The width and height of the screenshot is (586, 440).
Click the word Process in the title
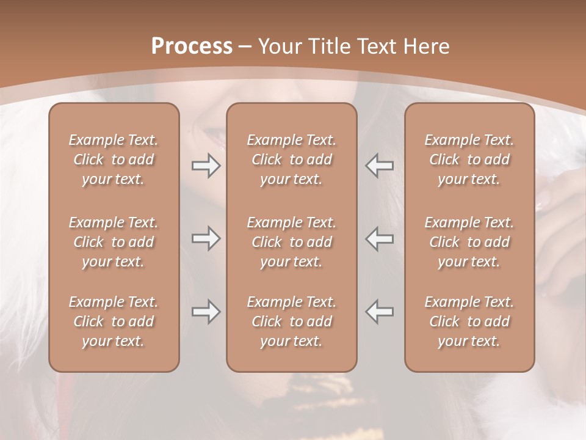(x=192, y=46)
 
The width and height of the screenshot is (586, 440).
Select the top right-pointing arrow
(x=206, y=166)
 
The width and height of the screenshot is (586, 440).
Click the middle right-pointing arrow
(x=206, y=238)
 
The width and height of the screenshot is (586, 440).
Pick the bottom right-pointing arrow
(x=206, y=312)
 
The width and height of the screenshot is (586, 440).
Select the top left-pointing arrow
(x=380, y=166)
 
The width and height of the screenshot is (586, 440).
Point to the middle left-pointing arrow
(x=380, y=238)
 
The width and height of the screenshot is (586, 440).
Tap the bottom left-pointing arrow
(x=380, y=312)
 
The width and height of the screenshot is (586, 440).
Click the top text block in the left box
(x=114, y=159)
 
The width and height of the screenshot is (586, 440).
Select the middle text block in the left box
(x=114, y=242)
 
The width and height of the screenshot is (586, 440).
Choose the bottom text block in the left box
(x=114, y=321)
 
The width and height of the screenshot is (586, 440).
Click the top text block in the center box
(x=292, y=159)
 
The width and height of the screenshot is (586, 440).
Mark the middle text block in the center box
(x=292, y=242)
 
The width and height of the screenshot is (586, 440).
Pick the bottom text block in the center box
(x=292, y=321)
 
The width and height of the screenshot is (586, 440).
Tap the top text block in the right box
(x=469, y=159)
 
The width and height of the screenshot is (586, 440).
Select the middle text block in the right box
(x=469, y=242)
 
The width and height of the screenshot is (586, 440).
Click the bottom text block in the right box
(x=469, y=321)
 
